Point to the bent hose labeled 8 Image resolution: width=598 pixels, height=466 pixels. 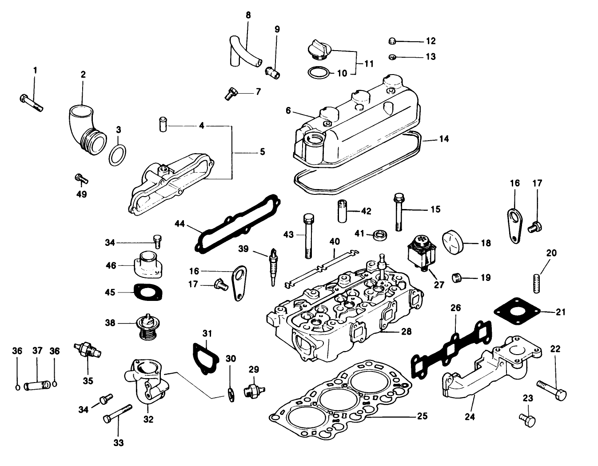click(243, 51)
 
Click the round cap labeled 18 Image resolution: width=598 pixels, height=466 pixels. click(454, 243)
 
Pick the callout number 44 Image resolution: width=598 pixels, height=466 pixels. click(179, 224)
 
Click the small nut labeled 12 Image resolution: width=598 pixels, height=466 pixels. click(393, 41)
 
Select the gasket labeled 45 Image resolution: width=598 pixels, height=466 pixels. click(148, 292)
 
